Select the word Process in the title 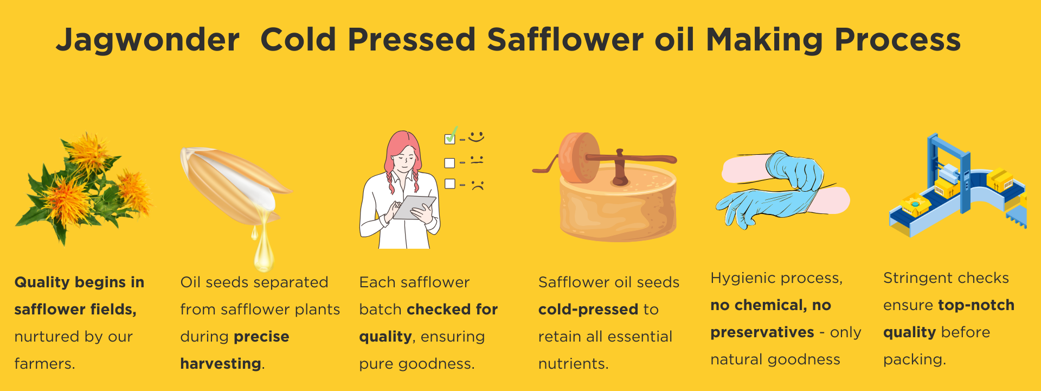coord(898,40)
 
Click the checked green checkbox coord(450,136)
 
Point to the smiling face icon coord(476,136)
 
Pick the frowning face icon coord(477,185)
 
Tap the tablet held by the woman coord(414,207)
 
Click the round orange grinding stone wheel coord(579,157)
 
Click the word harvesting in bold coord(221,364)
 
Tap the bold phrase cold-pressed coord(588,310)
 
